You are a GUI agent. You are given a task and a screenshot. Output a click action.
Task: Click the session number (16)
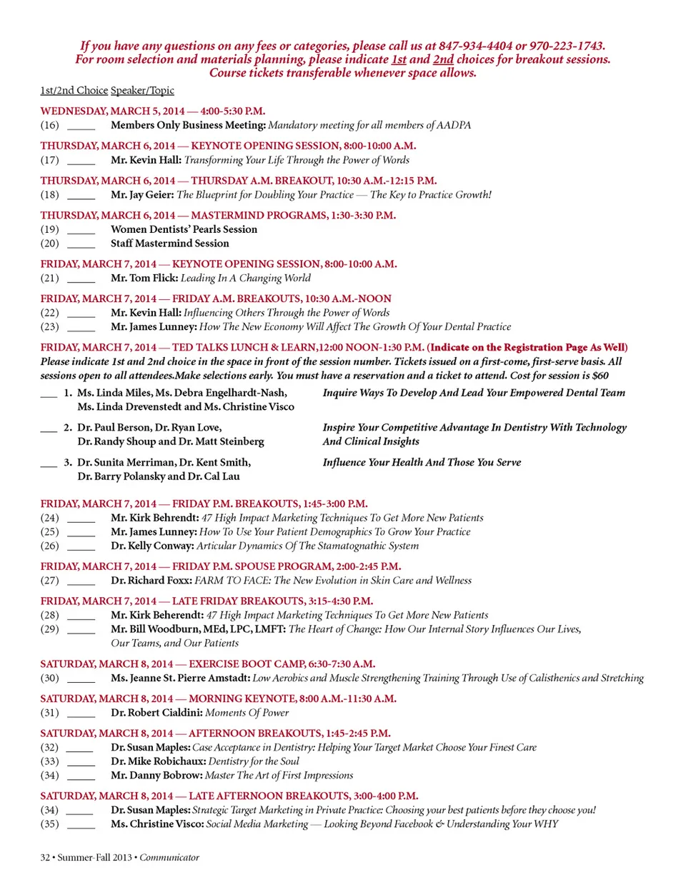(49, 125)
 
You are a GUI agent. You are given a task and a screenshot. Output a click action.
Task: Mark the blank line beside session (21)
(81, 279)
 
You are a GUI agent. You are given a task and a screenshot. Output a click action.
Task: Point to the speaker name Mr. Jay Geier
(142, 195)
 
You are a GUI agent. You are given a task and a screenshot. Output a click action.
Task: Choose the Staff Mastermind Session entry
(170, 244)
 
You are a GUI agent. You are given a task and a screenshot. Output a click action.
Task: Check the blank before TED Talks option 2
(49, 429)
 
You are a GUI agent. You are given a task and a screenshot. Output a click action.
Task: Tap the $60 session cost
(600, 376)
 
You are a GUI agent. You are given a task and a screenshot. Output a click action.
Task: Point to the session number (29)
(49, 629)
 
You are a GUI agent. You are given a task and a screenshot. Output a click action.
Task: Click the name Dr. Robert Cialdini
(156, 713)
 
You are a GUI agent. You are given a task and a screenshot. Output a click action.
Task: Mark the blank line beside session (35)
(81, 826)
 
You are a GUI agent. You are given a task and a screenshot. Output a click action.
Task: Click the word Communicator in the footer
(169, 858)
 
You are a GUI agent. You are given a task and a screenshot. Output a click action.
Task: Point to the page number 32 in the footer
(45, 858)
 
